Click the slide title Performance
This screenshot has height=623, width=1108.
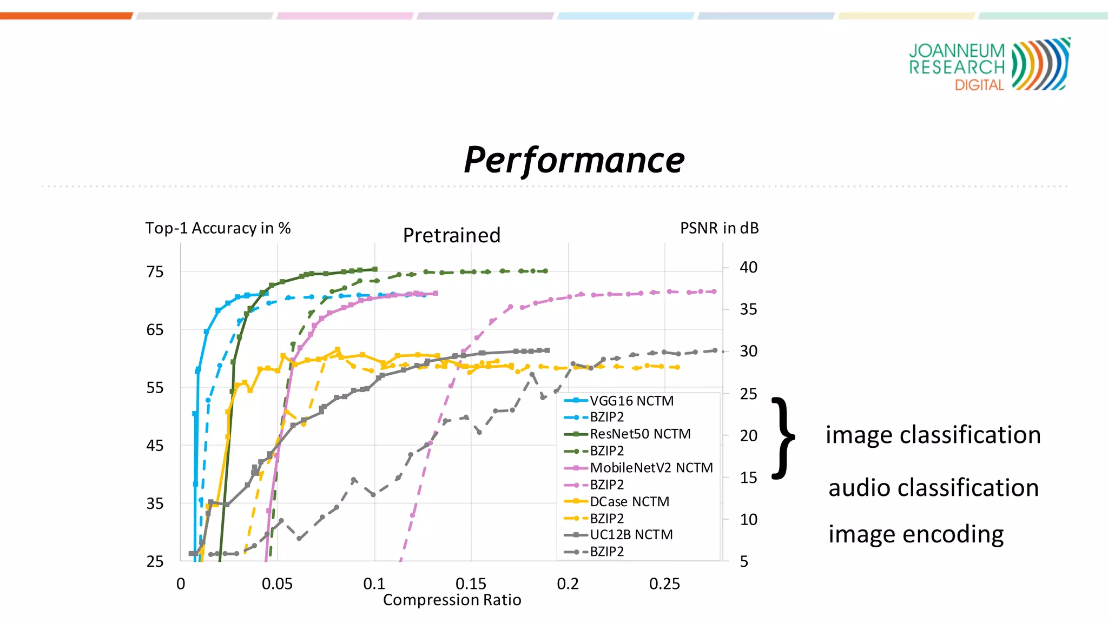click(574, 161)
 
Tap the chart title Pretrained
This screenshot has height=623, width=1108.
click(452, 235)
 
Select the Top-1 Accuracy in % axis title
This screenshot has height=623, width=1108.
click(217, 228)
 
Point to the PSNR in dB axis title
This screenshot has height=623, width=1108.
click(719, 228)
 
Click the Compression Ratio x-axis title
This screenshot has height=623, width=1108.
click(452, 600)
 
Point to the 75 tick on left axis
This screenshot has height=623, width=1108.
click(155, 271)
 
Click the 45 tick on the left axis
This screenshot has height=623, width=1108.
click(155, 446)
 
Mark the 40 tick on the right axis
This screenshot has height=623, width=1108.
click(748, 267)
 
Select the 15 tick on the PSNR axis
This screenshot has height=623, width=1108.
click(748, 478)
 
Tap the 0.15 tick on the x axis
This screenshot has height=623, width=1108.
click(471, 584)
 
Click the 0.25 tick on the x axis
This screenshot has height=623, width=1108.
click(664, 584)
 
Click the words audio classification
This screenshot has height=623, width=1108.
click(933, 487)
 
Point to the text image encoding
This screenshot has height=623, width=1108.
click(915, 534)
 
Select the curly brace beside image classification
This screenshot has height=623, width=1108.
click(783, 438)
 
